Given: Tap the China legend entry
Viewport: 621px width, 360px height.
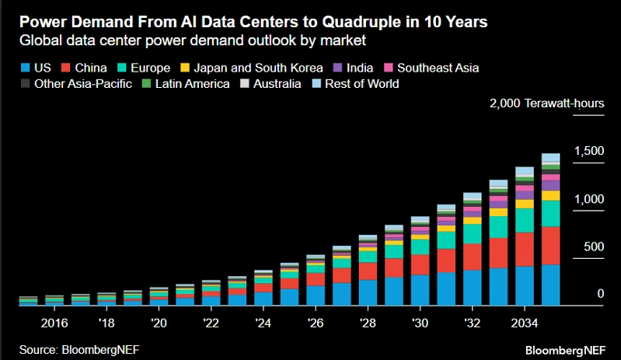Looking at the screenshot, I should (82, 68).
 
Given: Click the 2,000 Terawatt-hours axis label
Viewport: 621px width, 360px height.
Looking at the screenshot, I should (546, 103).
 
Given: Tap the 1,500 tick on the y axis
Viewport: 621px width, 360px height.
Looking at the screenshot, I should (588, 151).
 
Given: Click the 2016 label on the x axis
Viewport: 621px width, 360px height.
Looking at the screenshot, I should (55, 323).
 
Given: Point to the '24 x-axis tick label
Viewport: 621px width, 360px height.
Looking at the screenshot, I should (263, 323).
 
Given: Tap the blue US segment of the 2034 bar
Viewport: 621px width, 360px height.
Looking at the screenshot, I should (525, 285).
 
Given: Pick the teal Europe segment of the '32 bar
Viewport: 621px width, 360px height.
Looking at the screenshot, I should (472, 234).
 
